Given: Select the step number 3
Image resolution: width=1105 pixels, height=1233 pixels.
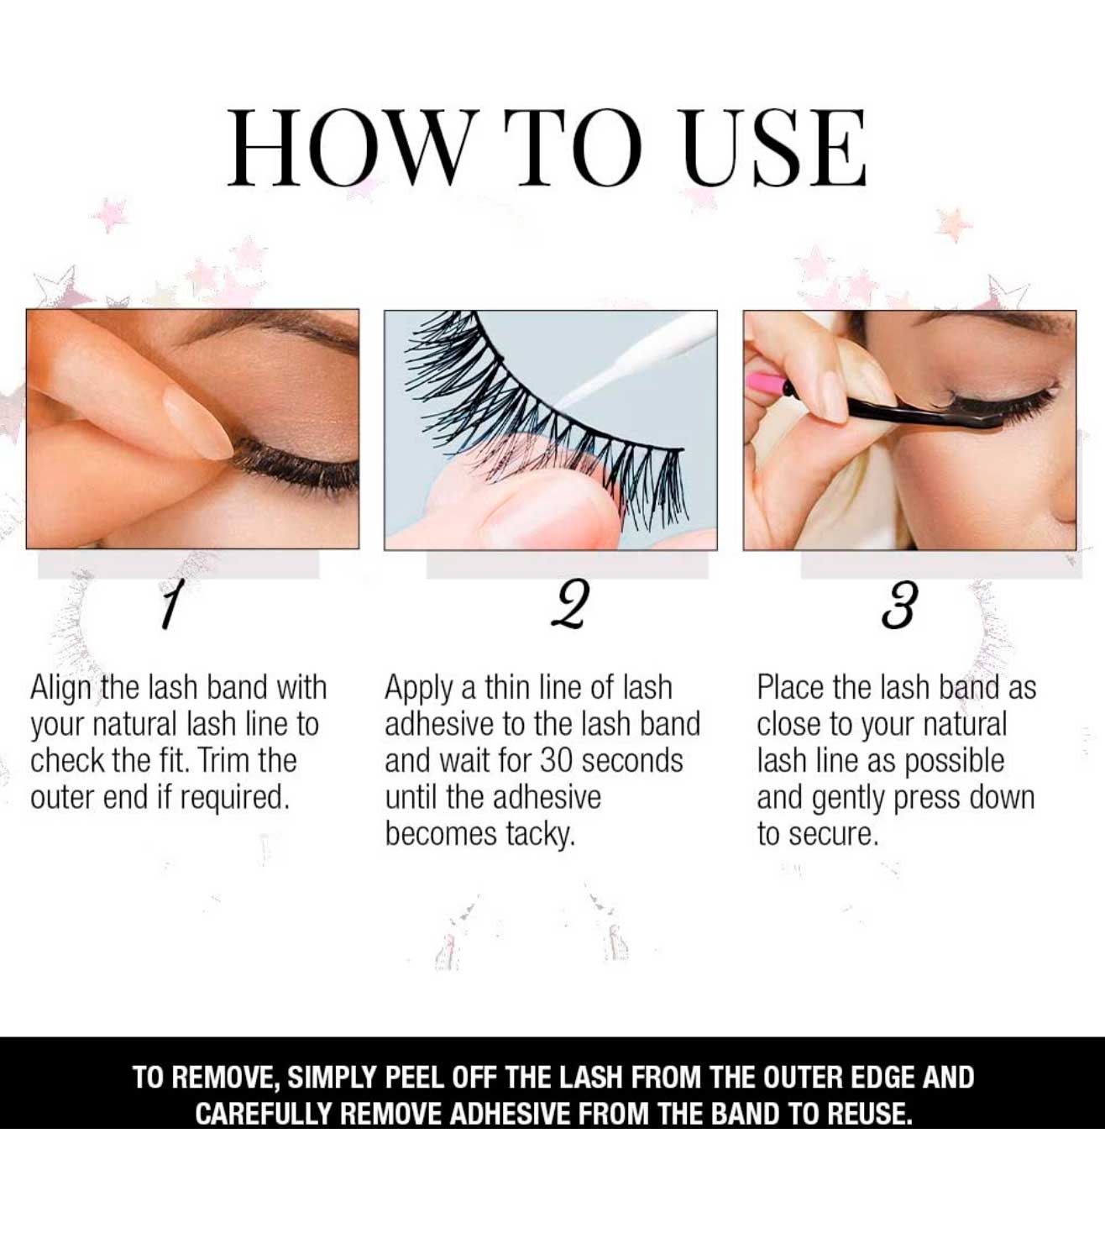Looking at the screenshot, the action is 898,605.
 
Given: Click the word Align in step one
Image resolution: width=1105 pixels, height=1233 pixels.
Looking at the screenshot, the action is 60,689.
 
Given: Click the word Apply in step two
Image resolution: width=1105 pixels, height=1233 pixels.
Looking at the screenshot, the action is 420,689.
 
